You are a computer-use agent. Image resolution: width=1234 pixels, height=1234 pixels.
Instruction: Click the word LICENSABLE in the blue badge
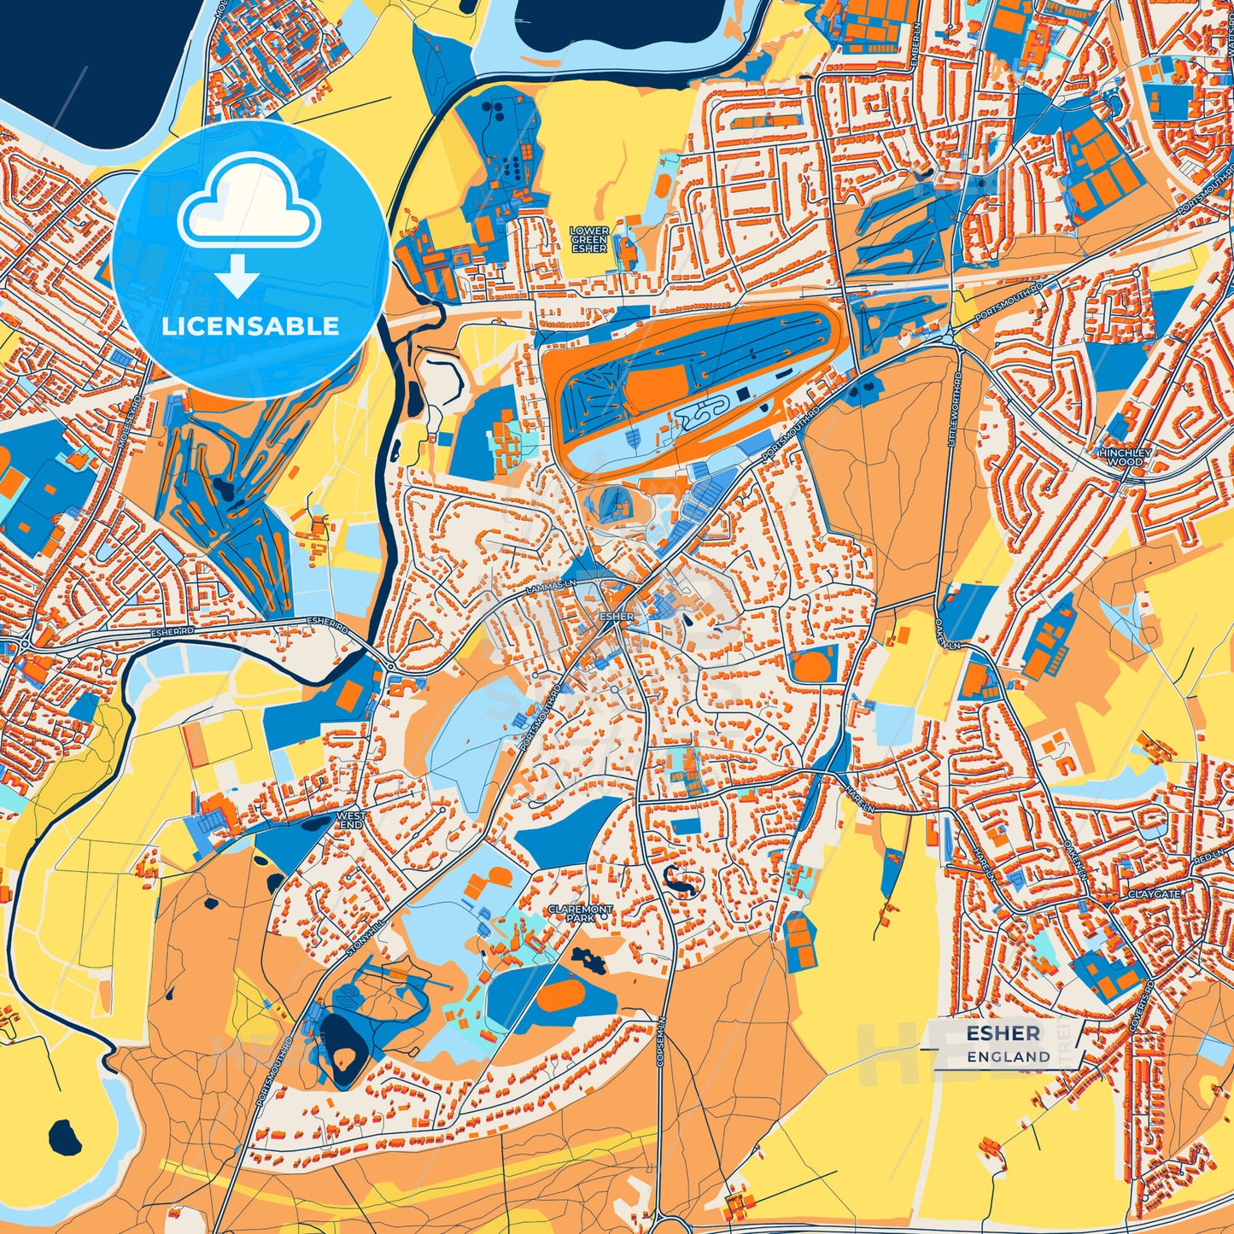click(x=249, y=326)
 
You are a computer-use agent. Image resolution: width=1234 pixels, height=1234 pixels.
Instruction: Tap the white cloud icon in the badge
click(x=249, y=203)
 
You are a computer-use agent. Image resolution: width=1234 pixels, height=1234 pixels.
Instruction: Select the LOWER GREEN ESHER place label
click(x=589, y=240)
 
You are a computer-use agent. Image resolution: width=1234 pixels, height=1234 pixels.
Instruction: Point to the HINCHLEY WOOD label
click(x=1126, y=457)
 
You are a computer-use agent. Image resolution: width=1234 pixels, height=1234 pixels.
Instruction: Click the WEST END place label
click(x=351, y=821)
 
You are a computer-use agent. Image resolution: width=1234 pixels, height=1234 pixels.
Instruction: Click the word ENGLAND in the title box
click(x=1009, y=1056)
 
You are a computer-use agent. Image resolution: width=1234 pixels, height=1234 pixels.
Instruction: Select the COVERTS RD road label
click(x=1138, y=1012)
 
